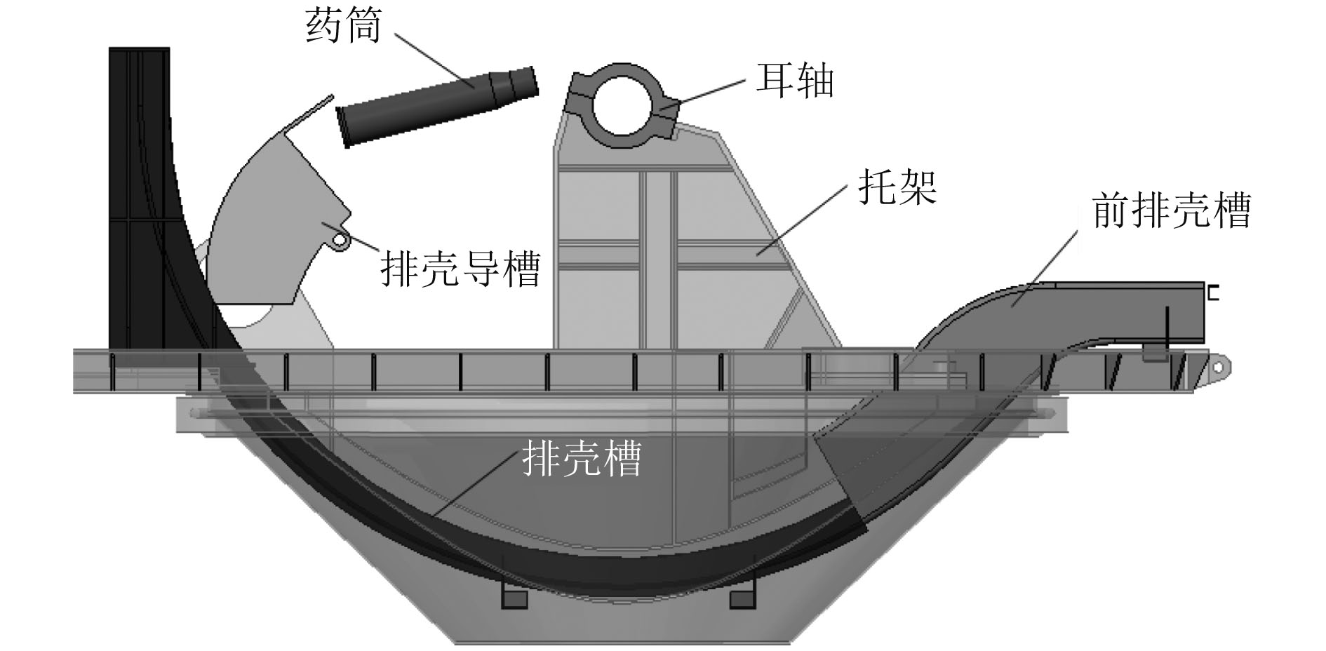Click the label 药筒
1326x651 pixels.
coord(343,27)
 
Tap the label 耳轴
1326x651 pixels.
coord(795,80)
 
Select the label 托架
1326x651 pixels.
coord(897,187)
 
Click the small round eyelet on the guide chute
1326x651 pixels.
coord(340,241)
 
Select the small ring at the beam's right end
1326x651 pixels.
coord(1219,368)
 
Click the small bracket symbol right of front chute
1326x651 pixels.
coord(1212,293)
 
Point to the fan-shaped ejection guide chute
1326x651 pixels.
coord(274,224)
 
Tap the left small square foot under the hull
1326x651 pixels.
coord(514,598)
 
